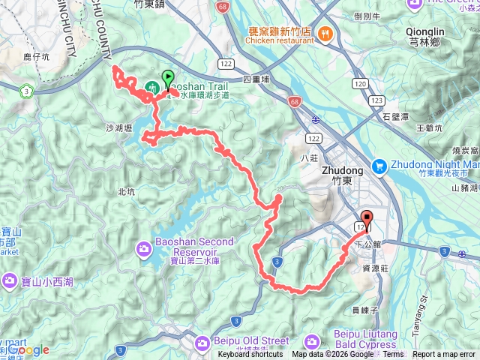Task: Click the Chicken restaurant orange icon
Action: coord(325,32)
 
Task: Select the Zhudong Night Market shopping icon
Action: coord(380,165)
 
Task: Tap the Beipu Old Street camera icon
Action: coord(202,343)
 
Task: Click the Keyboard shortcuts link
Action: coord(251,355)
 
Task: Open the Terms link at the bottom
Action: coord(394,355)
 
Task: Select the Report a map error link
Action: coord(445,355)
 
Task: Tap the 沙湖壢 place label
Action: coord(120,128)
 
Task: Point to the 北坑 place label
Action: coord(126,192)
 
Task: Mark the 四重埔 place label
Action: coord(255,79)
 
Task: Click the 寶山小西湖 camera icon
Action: coord(10,280)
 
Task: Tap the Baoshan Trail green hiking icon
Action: coord(151,85)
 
